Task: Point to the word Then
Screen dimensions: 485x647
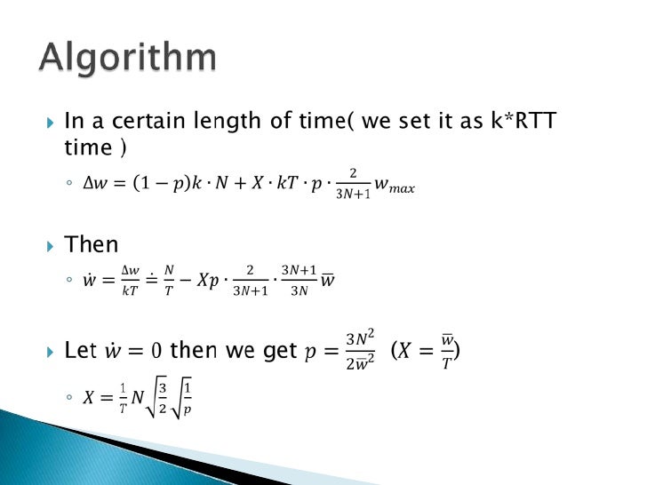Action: pyautogui.click(x=91, y=244)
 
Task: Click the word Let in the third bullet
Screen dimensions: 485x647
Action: pyautogui.click(x=81, y=350)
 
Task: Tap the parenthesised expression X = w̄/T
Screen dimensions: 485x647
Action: pyautogui.click(x=426, y=349)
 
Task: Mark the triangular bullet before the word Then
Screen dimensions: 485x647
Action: pyautogui.click(x=50, y=245)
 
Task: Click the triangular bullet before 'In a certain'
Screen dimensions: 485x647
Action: pyautogui.click(x=50, y=122)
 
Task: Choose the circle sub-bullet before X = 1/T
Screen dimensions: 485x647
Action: pyautogui.click(x=70, y=400)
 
